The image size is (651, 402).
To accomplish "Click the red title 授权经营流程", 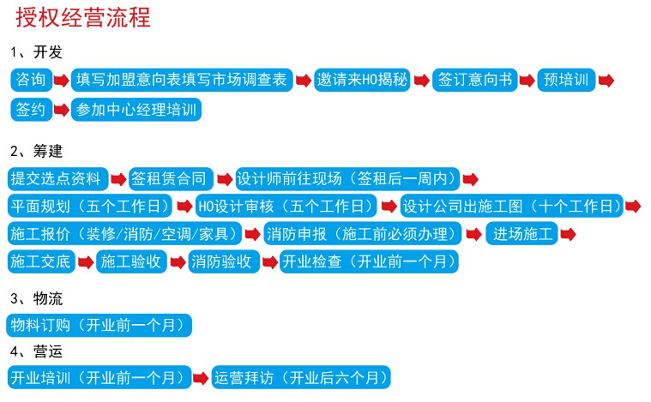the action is pos(83,18).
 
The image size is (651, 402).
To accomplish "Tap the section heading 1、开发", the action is pos(37,52).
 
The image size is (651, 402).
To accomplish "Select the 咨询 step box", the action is pos(31,80).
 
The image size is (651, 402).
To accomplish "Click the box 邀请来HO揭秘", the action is pos(362,80).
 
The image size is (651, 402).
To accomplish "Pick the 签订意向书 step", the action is pos(475,80).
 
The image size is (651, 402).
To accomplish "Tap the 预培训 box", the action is pos(566,80).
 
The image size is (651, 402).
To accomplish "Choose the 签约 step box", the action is pos(31,110).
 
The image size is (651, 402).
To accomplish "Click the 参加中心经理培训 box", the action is pos(136,110).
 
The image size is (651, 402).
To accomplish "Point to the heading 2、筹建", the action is pos(37,151).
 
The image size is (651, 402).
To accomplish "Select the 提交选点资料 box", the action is pos(57,179).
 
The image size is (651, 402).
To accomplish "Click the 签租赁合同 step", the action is pos(171,179).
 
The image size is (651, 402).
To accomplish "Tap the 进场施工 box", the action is pos(521,233).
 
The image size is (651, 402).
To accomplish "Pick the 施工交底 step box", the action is pos(41,261).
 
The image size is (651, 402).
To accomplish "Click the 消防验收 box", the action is pos(224,261).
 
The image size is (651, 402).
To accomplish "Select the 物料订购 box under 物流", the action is pos(99,325).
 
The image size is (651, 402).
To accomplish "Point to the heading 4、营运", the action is pos(37,351).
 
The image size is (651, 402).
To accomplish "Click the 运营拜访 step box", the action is pos(301,377).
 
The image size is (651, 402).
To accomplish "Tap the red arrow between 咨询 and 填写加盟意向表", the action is pos(62,80).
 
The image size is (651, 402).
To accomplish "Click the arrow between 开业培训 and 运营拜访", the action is pos(201,378).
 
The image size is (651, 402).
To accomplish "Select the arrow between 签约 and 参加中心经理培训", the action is pos(62,110).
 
